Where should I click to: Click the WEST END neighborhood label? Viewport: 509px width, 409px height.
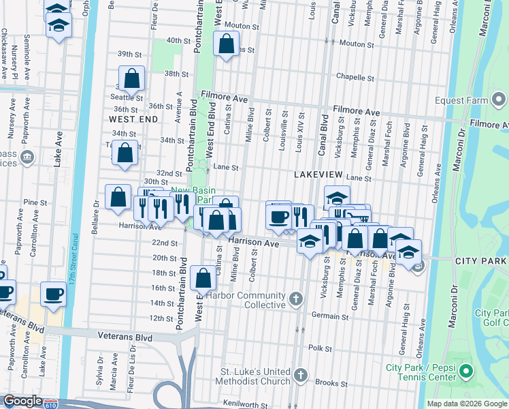[x=133, y=119]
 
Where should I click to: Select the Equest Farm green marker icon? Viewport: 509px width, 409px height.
[x=500, y=102]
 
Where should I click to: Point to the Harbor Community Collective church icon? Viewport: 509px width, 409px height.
[x=296, y=298]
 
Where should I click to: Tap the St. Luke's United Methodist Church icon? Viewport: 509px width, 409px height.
[x=301, y=376]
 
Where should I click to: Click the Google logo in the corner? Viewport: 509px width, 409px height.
[x=23, y=401]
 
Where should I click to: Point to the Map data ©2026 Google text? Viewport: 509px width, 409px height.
[x=466, y=404]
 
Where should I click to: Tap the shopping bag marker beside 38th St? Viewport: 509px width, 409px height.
[x=131, y=79]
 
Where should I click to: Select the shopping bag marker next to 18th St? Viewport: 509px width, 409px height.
[x=203, y=278]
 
